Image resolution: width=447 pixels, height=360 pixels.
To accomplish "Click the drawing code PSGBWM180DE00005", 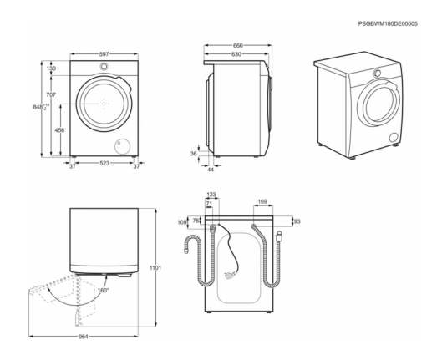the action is tap(388, 24).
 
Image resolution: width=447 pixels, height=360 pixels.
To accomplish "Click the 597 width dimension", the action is tap(104, 53).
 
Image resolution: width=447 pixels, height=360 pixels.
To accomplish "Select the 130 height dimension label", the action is tap(51, 68).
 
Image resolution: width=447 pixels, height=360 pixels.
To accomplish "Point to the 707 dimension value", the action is tap(51, 94).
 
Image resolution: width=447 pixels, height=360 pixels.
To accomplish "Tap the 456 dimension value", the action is tap(59, 130).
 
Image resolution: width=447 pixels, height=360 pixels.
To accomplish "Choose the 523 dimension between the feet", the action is tap(104, 164).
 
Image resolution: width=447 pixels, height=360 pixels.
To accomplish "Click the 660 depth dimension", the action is tap(238, 46).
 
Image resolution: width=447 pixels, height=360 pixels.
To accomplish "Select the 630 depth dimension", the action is tap(236, 54).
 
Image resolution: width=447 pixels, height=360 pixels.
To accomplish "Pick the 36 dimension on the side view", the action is tap(194, 154).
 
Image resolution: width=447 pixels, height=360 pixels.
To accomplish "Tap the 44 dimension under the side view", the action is tap(211, 170).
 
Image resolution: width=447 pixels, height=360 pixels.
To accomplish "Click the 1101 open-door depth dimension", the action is tap(155, 268).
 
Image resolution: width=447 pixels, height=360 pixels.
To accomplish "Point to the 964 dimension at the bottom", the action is tap(84, 337).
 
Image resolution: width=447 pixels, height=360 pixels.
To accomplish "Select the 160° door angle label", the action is tap(104, 290).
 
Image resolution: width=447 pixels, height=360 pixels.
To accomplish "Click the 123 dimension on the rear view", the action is tap(211, 195).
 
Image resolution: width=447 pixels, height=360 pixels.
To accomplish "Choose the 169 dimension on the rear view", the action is tap(262, 202).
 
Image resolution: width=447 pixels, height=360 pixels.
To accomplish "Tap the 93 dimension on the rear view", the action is tap(297, 221).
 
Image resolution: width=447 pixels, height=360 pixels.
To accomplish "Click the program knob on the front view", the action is tap(104, 67).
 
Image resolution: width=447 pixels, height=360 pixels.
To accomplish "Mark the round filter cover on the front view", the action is tap(123, 147).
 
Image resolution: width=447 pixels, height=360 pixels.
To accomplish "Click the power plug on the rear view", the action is tap(229, 275).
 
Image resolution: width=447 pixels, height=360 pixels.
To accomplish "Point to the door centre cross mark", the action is tap(104, 104).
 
